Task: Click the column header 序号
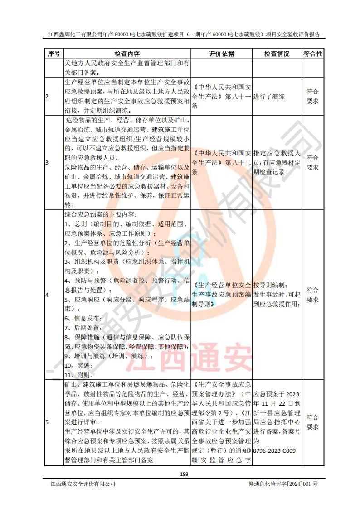tap(54, 53)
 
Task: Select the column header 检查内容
tap(127, 53)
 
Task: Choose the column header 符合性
tap(313, 53)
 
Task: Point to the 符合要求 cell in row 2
tap(313, 96)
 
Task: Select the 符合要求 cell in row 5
tap(313, 422)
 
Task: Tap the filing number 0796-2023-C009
tap(275, 451)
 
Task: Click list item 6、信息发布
tap(81, 318)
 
